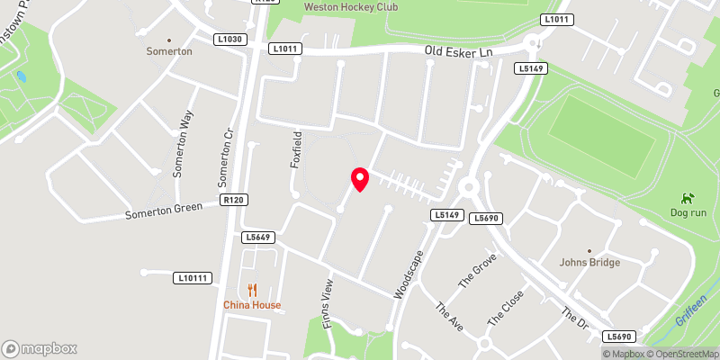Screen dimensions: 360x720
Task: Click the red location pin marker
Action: [x=360, y=179]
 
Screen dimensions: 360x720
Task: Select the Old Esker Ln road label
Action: [x=460, y=53]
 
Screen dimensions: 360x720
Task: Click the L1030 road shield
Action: [x=229, y=39]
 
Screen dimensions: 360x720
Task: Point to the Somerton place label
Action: [x=169, y=52]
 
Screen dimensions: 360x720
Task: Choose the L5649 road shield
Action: [x=256, y=237]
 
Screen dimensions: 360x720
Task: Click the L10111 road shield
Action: [x=193, y=278]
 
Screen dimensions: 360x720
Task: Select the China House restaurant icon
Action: [x=253, y=290]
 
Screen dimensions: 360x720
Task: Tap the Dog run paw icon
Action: [x=688, y=197]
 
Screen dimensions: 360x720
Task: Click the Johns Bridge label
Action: [x=589, y=263]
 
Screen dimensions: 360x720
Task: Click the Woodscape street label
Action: [x=409, y=274]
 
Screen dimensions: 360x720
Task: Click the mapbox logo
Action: [x=40, y=348]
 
